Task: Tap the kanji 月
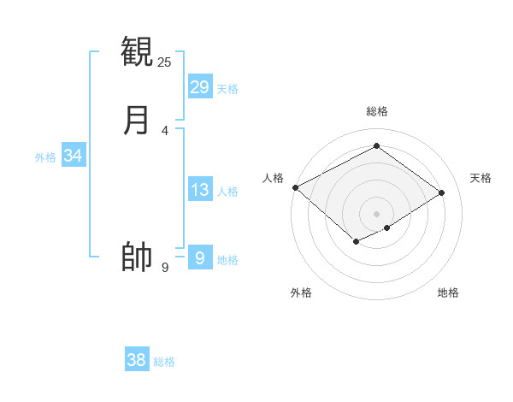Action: (x=137, y=120)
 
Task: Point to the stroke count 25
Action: (x=165, y=62)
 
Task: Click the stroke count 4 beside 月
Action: (x=165, y=131)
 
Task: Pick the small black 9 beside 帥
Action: (x=165, y=268)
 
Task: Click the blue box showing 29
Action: (x=200, y=86)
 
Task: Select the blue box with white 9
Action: (x=200, y=257)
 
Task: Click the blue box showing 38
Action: (x=137, y=360)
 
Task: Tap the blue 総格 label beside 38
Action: (x=164, y=363)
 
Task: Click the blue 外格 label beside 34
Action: (x=45, y=157)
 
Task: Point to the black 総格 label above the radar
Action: (x=376, y=111)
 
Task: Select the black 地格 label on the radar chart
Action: (x=448, y=293)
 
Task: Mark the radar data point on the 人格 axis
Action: (x=295, y=187)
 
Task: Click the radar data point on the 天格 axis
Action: (x=442, y=192)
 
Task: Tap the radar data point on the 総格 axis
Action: (x=376, y=146)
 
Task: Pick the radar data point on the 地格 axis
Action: (x=387, y=228)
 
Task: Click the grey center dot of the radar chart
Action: (x=376, y=214)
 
